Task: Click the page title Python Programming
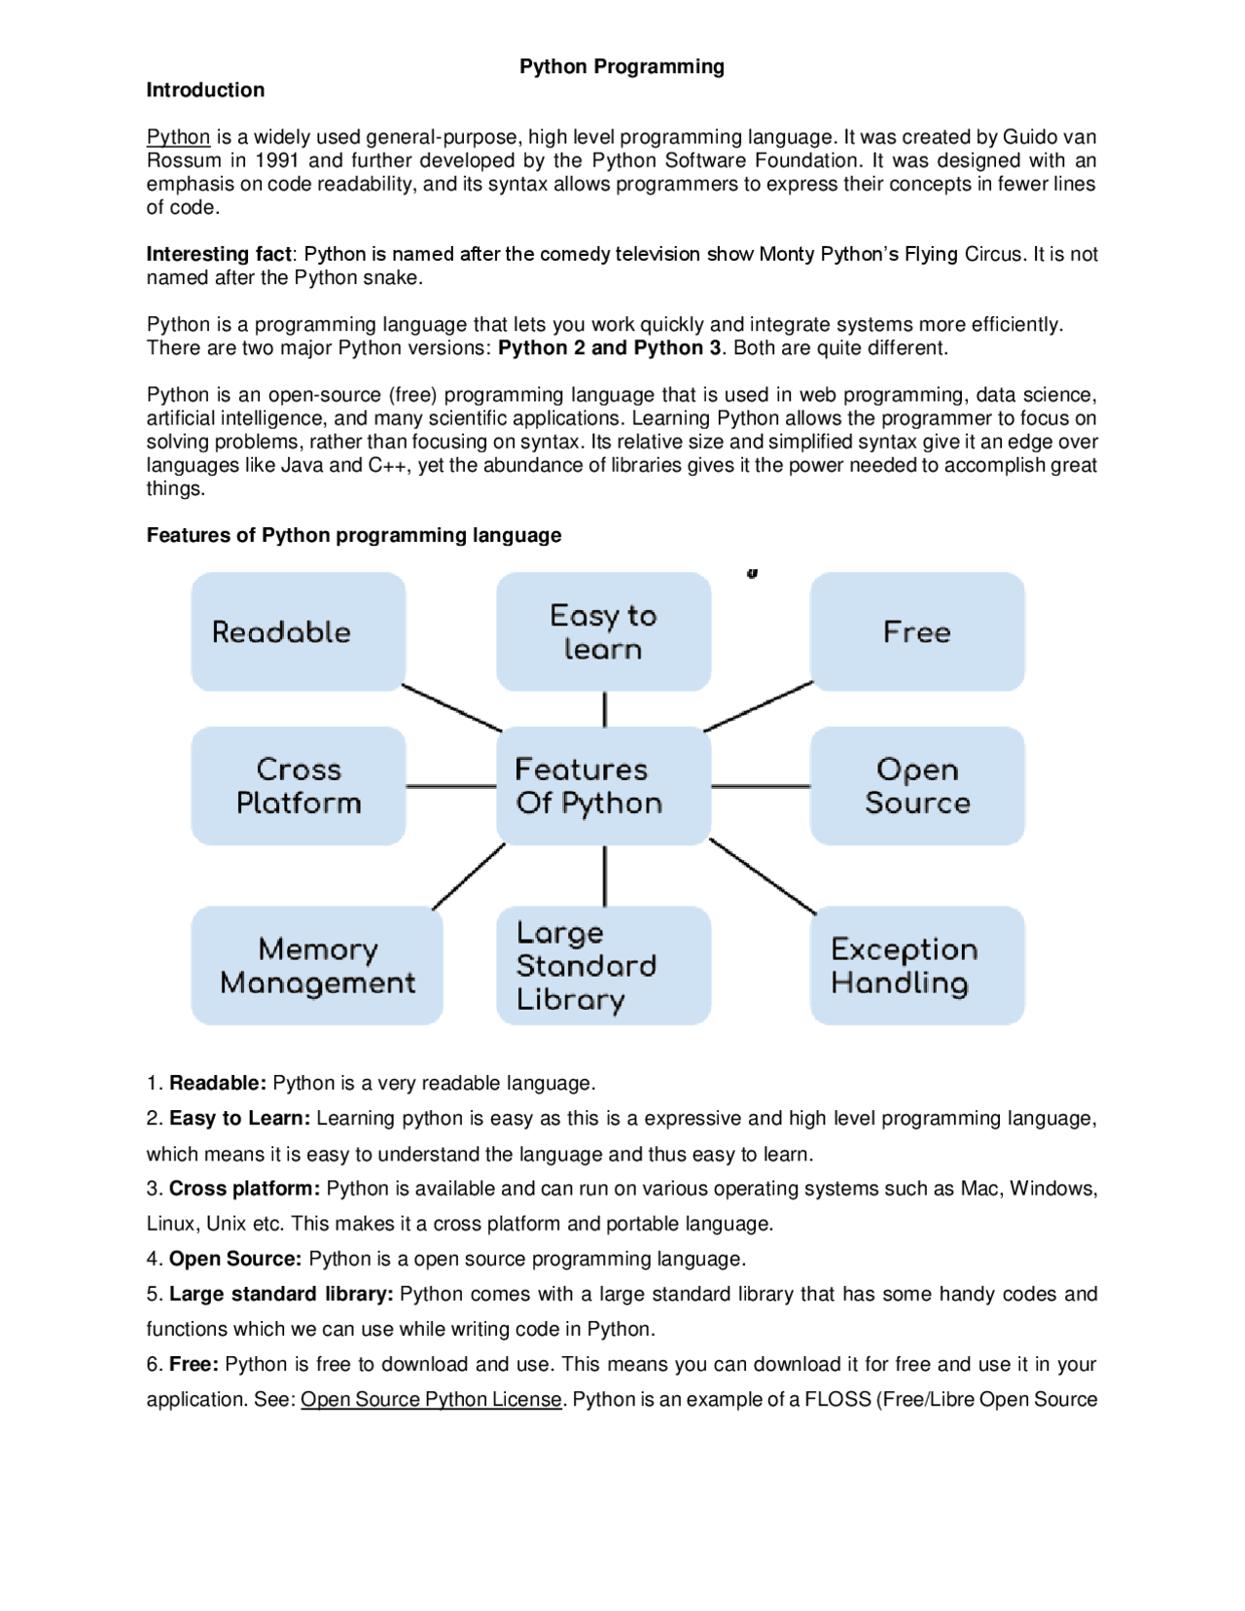pyautogui.click(x=622, y=66)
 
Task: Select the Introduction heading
pyautogui.click(x=205, y=89)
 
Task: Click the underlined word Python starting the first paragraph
pyautogui.click(x=178, y=137)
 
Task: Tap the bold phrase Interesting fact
pyautogui.click(x=219, y=254)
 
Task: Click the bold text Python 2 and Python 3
pyautogui.click(x=609, y=348)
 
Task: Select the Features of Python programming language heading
pyautogui.click(x=354, y=535)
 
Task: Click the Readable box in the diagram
pyautogui.click(x=298, y=631)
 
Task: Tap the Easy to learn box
pyautogui.click(x=603, y=631)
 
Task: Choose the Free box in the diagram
pyautogui.click(x=916, y=631)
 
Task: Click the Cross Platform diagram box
pyautogui.click(x=298, y=785)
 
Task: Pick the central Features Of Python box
pyautogui.click(x=603, y=785)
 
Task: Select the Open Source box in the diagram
pyautogui.click(x=916, y=785)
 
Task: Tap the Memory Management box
pyautogui.click(x=316, y=965)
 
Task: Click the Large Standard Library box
pyautogui.click(x=603, y=965)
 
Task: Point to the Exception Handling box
pyautogui.click(x=916, y=965)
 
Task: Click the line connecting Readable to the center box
pyautogui.click(x=451, y=707)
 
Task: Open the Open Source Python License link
pyautogui.click(x=431, y=1399)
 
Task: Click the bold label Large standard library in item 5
pyautogui.click(x=281, y=1294)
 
